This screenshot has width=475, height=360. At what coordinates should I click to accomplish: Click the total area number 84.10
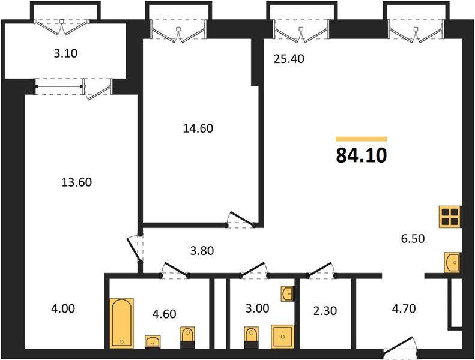362,155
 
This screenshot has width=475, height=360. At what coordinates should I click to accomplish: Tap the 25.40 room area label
289,59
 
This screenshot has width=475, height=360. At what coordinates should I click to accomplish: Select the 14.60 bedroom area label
198,128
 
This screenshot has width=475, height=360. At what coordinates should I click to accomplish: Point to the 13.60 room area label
77,182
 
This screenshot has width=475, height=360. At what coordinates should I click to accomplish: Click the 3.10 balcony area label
65,53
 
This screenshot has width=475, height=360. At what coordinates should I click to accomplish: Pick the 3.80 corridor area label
202,251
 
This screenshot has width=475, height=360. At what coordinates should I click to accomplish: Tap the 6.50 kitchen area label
413,239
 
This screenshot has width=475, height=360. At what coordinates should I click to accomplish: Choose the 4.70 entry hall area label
404,309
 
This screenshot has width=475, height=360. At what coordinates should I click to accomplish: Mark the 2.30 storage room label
325,311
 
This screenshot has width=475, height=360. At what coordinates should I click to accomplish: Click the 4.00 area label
63,309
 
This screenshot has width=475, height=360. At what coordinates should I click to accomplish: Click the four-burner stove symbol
450,217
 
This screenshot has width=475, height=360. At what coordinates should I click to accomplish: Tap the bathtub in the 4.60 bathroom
121,323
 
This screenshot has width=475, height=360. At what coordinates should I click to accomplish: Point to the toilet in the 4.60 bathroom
188,337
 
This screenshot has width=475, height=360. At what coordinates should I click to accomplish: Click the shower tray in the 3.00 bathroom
283,337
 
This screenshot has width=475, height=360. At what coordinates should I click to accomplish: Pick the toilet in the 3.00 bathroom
251,337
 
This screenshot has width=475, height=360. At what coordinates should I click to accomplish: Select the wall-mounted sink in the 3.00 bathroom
287,293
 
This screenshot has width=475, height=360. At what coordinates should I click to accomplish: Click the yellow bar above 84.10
362,139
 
